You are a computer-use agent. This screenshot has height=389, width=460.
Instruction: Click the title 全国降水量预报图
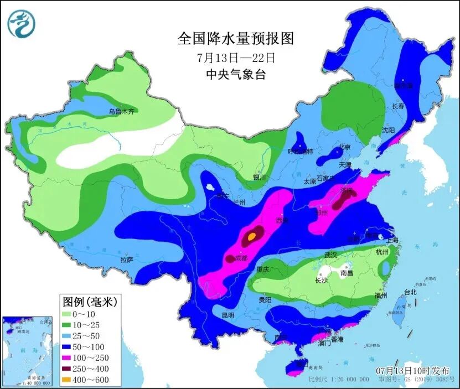pyautogui.click(x=235, y=39)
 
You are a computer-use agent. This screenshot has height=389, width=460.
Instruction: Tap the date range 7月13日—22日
pyautogui.click(x=235, y=57)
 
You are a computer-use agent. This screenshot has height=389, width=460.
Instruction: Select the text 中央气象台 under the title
pyautogui.click(x=235, y=74)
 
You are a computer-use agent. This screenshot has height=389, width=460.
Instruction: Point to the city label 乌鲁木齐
pyautogui.click(x=121, y=111)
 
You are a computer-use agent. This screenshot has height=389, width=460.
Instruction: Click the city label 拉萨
pyautogui.click(x=127, y=259)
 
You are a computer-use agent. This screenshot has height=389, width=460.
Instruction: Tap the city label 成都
pyautogui.click(x=241, y=258)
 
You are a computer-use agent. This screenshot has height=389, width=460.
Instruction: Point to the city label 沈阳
pyautogui.click(x=388, y=131)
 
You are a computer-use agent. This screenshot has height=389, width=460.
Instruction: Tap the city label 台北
pyautogui.click(x=410, y=292)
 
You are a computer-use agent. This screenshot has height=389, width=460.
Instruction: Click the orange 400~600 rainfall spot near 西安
pyautogui.click(x=251, y=237)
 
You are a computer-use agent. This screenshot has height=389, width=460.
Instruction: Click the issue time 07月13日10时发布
pyautogui.click(x=412, y=370)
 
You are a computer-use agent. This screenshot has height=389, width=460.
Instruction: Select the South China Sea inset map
pyautogui.click(x=28, y=351)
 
